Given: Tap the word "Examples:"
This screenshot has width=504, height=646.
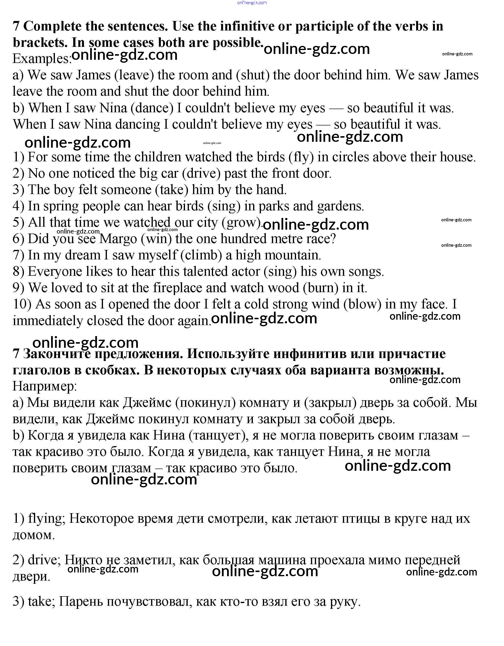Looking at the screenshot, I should (42, 59).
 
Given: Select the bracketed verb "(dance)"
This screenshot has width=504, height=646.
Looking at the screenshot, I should (154, 108).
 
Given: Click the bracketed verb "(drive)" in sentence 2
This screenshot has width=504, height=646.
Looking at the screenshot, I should (201, 174).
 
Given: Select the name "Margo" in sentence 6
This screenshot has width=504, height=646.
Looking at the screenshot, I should (118, 239).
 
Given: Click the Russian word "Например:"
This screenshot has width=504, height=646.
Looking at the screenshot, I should (45, 386).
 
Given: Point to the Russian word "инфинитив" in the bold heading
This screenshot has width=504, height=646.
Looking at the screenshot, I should (309, 354).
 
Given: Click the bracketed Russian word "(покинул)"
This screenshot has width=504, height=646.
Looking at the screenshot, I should (205, 403).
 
